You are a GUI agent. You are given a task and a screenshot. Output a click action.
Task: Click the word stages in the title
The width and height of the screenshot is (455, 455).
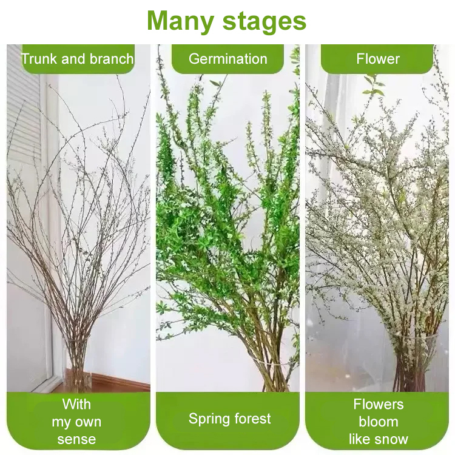pyautogui.click(x=265, y=21)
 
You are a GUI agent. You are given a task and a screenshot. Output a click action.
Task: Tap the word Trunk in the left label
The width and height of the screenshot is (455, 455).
pyautogui.click(x=39, y=59)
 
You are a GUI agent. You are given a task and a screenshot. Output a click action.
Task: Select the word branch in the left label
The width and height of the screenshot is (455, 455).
pyautogui.click(x=112, y=59)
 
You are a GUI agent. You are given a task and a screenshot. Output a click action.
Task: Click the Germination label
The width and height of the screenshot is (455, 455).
pyautogui.click(x=227, y=59)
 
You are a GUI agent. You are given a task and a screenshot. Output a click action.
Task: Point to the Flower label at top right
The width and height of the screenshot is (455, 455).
pyautogui.click(x=378, y=59)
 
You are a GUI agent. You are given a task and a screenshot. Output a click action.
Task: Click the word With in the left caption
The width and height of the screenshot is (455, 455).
pyautogui.click(x=76, y=404)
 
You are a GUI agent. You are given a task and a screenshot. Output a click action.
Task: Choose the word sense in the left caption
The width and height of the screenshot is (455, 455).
pyautogui.click(x=76, y=439)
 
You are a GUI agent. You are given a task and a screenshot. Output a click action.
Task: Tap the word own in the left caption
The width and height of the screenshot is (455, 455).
pyautogui.click(x=87, y=422)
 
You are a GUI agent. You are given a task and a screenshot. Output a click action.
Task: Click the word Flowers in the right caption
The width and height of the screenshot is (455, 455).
pyautogui.click(x=379, y=404)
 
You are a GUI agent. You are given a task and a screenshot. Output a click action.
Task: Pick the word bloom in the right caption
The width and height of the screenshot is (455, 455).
pyautogui.click(x=379, y=422)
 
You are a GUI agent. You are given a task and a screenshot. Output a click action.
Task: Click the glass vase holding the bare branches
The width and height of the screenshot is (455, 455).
pyautogui.click(x=76, y=363)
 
